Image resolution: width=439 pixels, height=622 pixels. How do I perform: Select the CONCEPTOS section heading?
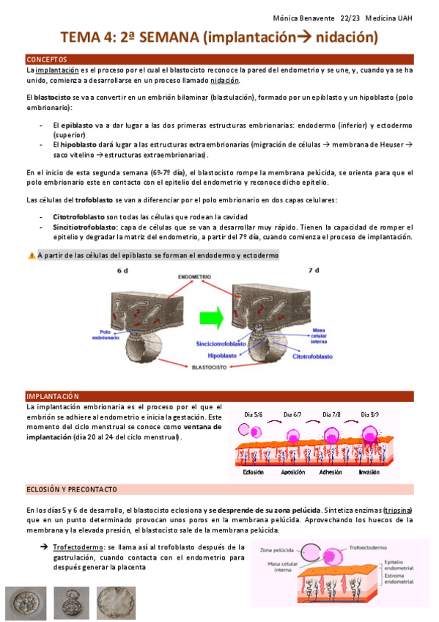[x=47, y=59]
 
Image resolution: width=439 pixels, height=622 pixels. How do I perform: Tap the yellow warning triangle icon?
[x=32, y=255]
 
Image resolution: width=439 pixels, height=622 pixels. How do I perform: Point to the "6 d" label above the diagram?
[x=122, y=270]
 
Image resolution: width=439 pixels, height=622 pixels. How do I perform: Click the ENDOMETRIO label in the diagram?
[x=194, y=277]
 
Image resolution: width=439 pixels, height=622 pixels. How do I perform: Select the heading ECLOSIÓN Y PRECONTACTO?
[x=71, y=489]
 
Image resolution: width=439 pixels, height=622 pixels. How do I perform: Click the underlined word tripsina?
[x=397, y=510]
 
